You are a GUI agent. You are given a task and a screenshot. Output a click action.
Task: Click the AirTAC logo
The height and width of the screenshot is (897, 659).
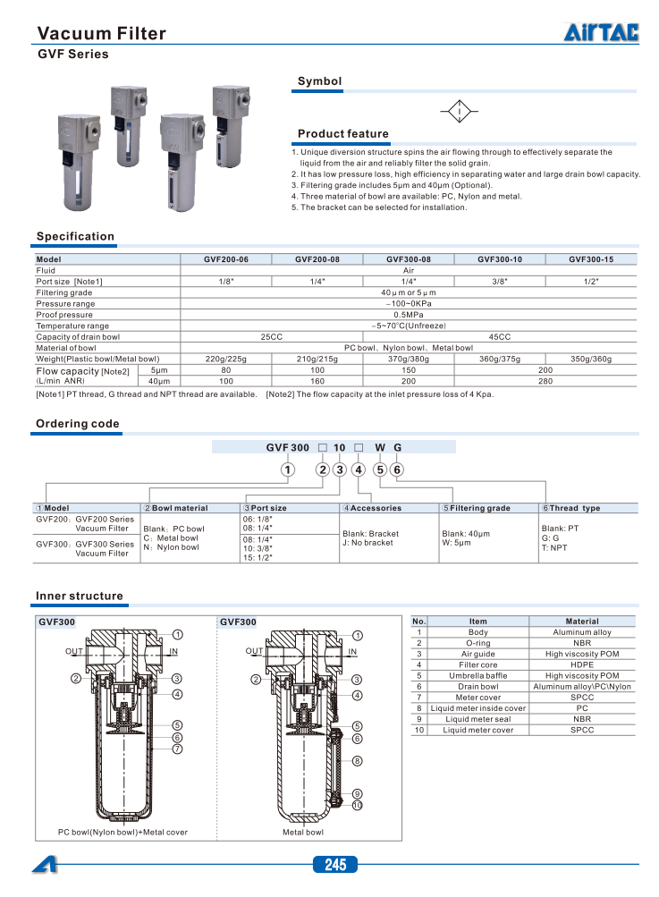tap(601, 33)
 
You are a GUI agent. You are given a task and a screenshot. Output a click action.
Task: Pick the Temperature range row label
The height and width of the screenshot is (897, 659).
tap(72, 326)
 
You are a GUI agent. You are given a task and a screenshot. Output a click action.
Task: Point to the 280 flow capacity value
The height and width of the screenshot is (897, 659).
tap(545, 381)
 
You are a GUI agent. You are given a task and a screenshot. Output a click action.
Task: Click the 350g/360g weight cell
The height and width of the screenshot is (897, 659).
tap(591, 359)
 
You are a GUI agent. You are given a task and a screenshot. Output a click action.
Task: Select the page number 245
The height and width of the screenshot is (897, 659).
tap(334, 865)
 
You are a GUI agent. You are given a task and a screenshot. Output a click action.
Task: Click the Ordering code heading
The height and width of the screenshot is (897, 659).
tap(77, 424)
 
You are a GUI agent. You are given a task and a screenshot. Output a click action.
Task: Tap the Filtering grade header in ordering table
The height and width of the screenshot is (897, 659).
tap(479, 508)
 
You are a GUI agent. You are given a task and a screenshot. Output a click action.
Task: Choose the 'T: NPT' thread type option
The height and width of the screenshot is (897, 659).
tap(554, 548)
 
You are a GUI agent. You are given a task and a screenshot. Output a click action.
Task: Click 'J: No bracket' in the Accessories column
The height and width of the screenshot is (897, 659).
tap(368, 543)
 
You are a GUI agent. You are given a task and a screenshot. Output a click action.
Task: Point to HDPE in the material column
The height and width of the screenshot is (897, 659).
tap(582, 664)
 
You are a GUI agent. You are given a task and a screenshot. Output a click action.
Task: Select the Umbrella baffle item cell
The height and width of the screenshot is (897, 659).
tap(477, 676)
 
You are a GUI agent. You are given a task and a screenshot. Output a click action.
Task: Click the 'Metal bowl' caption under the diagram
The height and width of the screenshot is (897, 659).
tap(303, 833)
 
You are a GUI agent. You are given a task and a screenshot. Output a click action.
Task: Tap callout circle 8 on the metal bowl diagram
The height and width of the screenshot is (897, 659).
tap(357, 761)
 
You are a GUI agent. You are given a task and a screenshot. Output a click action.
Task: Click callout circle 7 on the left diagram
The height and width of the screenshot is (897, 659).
tap(178, 749)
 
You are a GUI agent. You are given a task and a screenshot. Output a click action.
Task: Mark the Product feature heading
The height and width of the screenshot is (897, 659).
tap(342, 134)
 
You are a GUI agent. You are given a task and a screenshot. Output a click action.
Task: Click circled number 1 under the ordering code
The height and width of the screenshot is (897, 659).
tap(287, 470)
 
